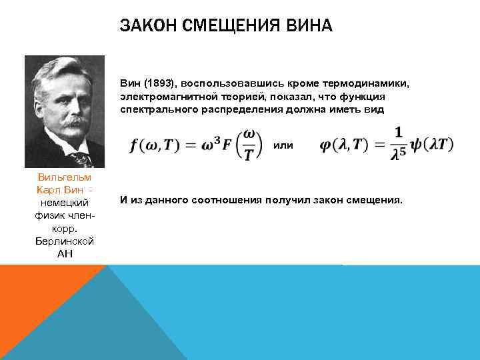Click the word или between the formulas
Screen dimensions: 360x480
283,145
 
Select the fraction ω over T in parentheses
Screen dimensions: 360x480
247,145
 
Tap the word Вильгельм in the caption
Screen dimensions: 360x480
65,177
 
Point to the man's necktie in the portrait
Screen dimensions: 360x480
81,157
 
